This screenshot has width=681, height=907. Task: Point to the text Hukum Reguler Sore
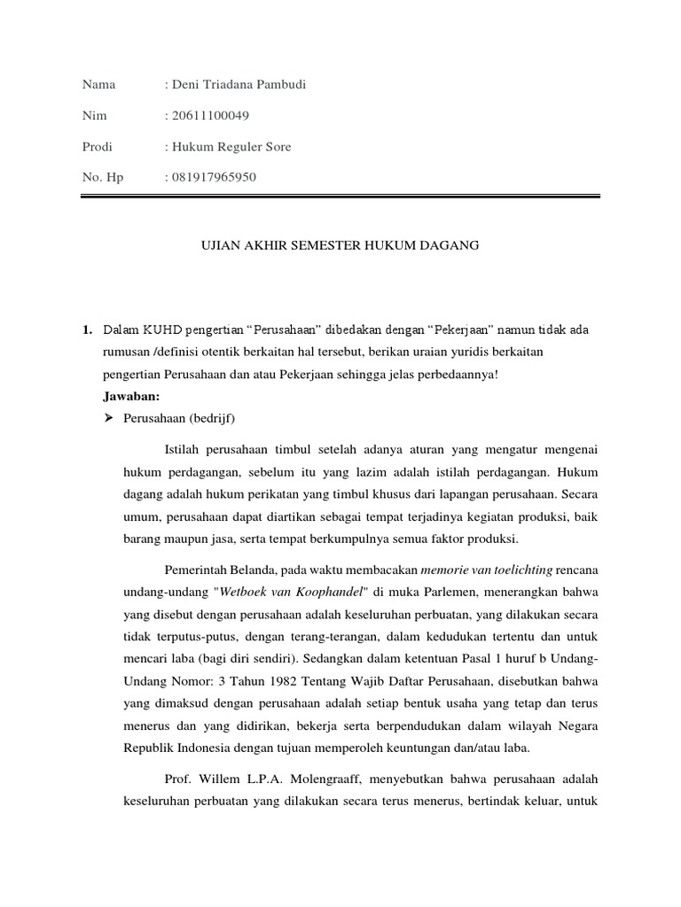(x=231, y=146)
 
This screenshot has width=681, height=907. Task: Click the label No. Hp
(x=103, y=177)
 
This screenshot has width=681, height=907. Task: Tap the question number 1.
(x=86, y=330)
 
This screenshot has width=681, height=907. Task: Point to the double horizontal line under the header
(x=340, y=199)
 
